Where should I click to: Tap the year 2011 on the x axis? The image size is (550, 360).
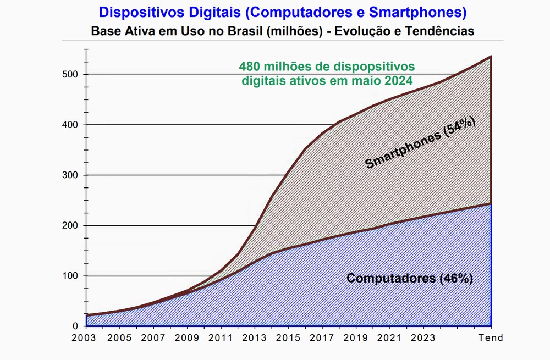pos(222,338)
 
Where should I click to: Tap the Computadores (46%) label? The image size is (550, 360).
pos(410,278)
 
